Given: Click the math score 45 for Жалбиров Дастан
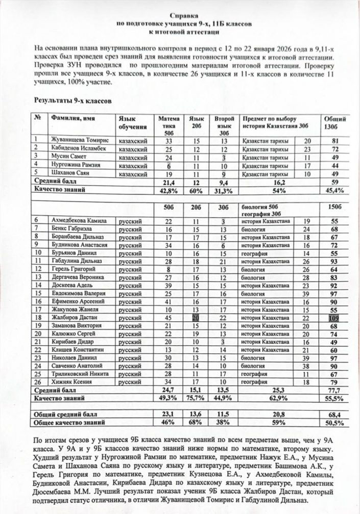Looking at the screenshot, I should pyautogui.click(x=168, y=318).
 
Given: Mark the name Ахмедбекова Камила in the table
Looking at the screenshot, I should pyautogui.click(x=78, y=220).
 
